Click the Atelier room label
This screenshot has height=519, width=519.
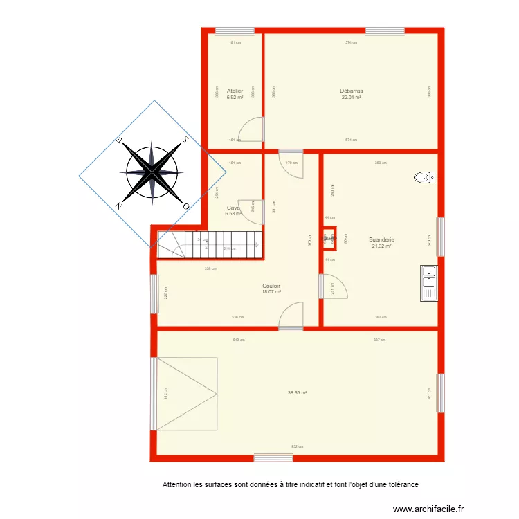coord(235,91)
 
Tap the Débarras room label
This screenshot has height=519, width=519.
coord(352,91)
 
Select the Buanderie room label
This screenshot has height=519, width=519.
coord(381,240)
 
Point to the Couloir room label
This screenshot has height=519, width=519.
coord(271,286)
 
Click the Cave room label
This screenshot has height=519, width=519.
coord(233,208)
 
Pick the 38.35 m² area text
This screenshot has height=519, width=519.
coord(298,392)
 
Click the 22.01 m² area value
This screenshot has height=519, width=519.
coord(352,97)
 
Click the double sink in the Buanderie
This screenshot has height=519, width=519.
coord(429,284)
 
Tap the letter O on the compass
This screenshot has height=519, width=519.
coord(185,206)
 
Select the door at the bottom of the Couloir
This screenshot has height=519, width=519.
coord(291,315)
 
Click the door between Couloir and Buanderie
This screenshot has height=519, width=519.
coord(332,286)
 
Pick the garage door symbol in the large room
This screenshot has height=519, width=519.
coord(187,393)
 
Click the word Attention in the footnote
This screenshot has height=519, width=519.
coord(176,484)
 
